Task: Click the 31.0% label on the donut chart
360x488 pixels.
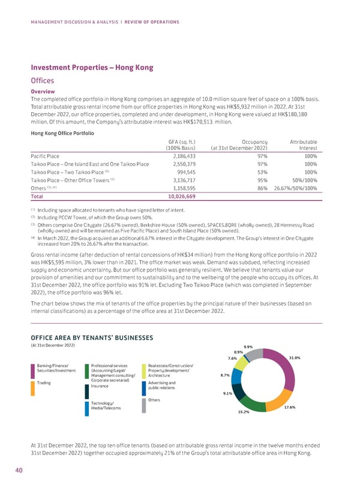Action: (294, 358)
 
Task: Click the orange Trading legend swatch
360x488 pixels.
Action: (32, 387)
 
